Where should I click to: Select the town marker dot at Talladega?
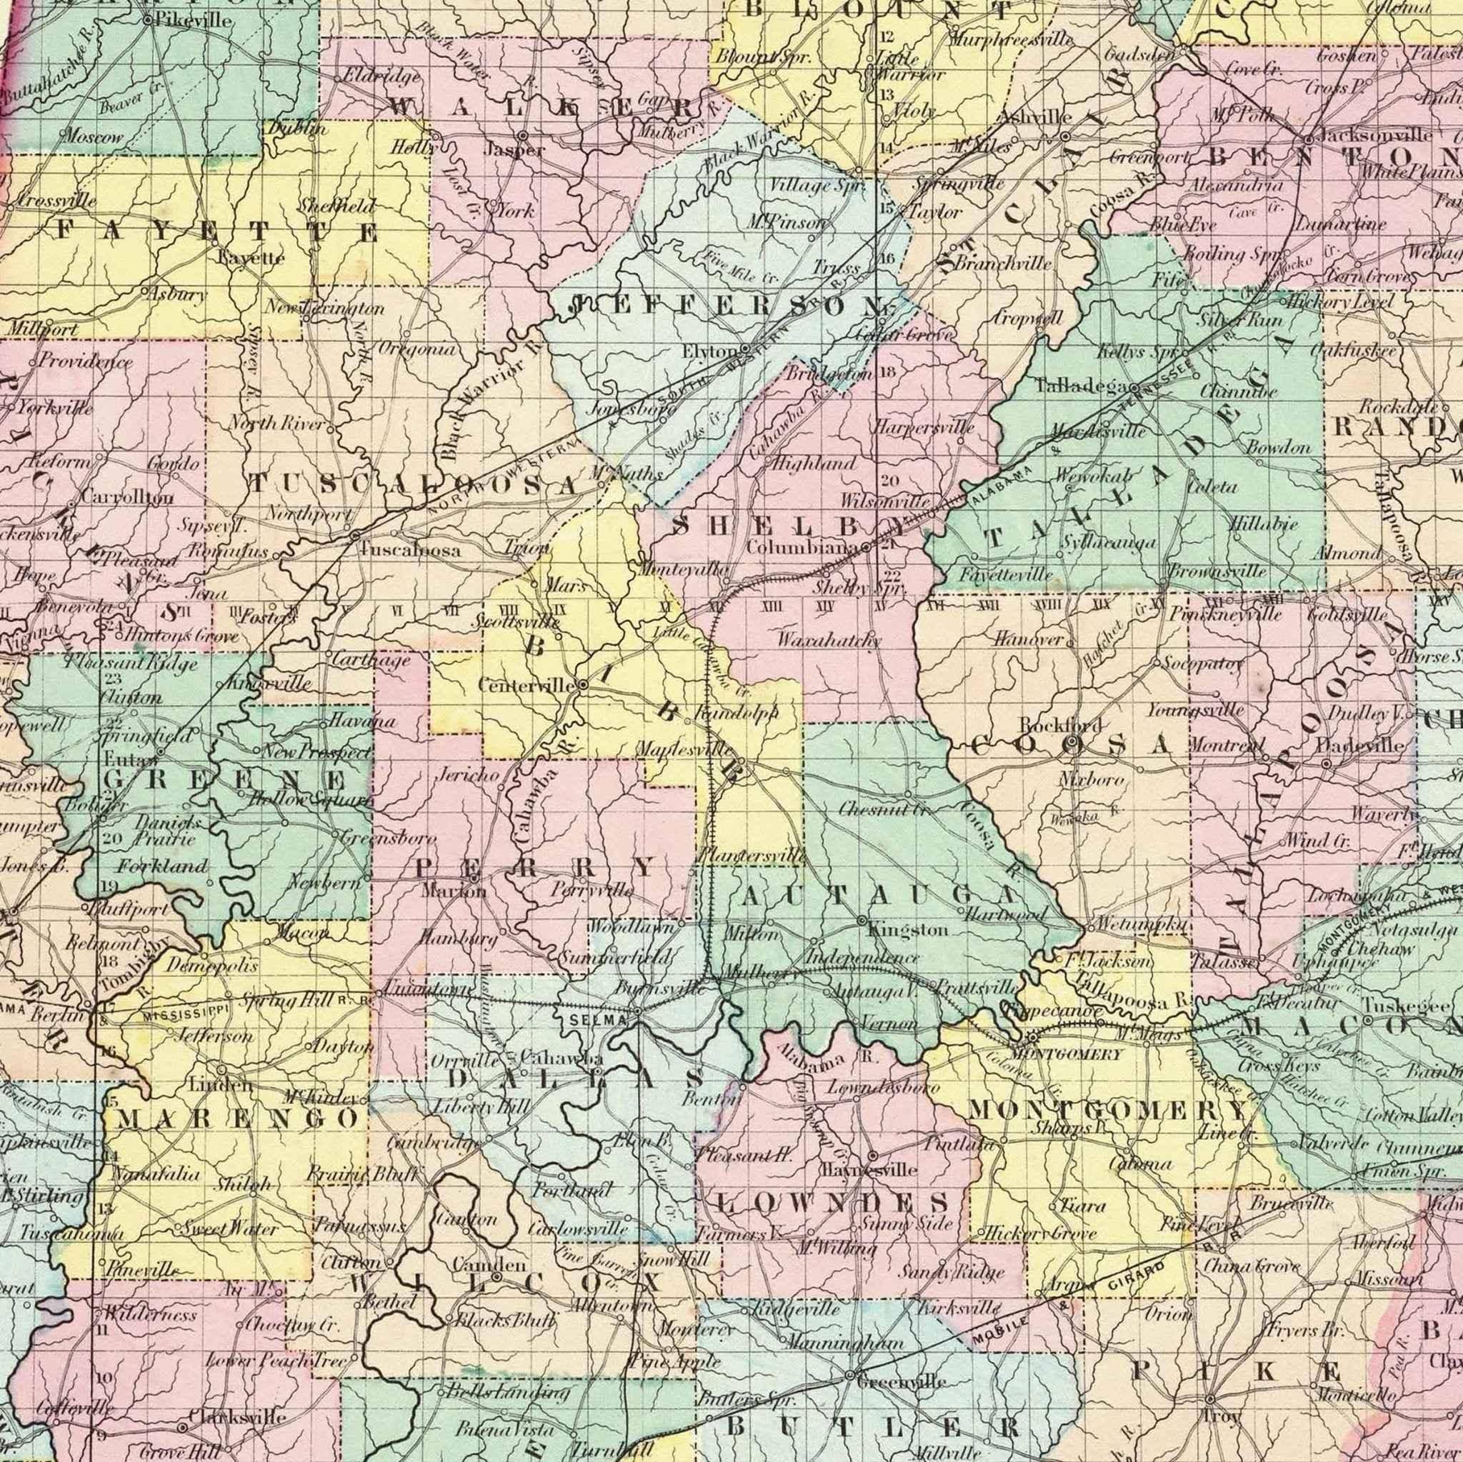tap(1134, 389)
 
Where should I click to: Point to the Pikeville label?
tap(192, 21)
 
